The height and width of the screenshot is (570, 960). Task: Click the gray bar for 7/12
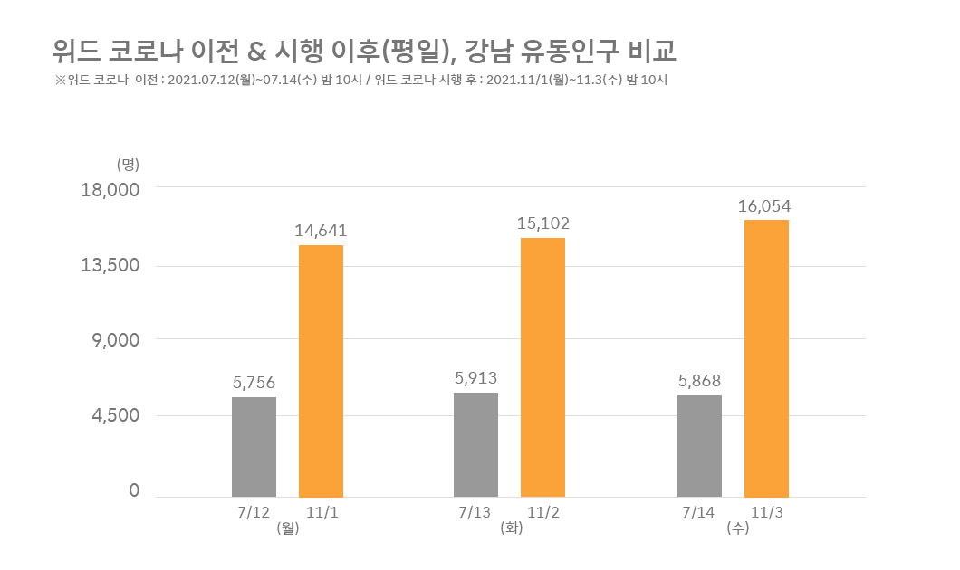coord(254,446)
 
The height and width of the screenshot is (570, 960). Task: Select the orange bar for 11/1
coord(322,371)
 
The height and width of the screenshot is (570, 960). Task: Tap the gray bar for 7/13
coord(476,443)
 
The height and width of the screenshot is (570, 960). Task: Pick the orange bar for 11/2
coord(543,367)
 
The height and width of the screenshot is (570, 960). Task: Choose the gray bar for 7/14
coord(700,445)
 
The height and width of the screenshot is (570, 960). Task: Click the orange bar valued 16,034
coord(767,358)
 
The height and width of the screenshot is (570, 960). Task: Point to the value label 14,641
coord(321,231)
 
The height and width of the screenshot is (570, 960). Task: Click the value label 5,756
coord(254,383)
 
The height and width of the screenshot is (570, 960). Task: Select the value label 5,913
coord(476,378)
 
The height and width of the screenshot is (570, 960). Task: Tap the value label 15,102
coord(543,223)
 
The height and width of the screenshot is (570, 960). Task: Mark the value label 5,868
coord(700,381)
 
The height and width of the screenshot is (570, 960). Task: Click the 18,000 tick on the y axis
coord(110,191)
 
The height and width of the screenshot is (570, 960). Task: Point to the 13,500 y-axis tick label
coord(110,265)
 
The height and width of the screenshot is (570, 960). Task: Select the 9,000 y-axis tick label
coord(116,340)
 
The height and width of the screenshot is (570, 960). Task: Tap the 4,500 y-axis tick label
coord(116,415)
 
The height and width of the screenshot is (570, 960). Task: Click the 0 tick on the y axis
coord(134,490)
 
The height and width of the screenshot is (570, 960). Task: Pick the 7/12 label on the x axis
coord(254,512)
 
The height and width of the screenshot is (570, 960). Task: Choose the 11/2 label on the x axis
coord(543,512)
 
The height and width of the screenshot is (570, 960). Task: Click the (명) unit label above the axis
coord(128,164)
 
